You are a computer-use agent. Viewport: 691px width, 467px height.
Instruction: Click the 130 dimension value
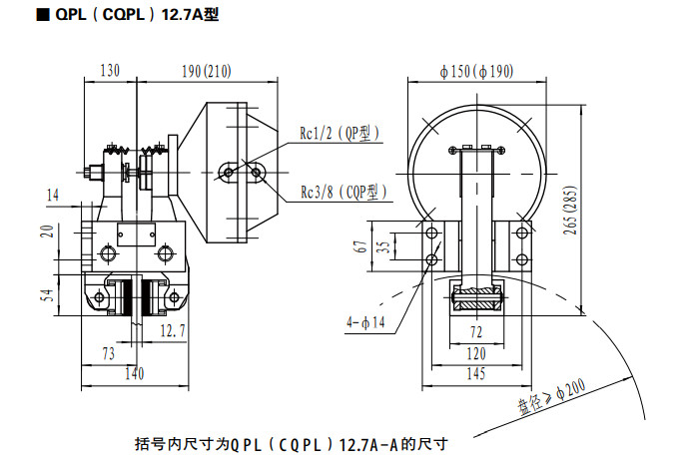coord(110,71)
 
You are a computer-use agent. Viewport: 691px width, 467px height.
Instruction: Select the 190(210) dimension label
coord(208,71)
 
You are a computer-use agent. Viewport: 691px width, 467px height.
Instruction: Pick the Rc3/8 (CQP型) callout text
coord(343,192)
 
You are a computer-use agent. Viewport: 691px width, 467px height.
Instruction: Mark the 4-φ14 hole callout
coord(365,322)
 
